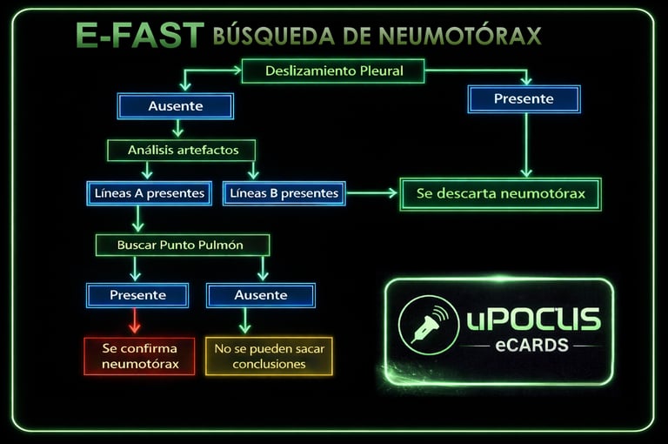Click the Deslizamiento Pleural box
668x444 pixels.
pos(333,71)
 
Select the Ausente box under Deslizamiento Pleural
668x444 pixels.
pos(176,106)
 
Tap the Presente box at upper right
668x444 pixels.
pos(524,99)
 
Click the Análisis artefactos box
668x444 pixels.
pos(182,150)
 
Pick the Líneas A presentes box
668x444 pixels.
pos(147,193)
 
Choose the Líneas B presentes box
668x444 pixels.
pos(284,193)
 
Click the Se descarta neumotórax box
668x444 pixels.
pos(500,193)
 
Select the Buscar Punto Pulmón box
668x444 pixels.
pos(181,245)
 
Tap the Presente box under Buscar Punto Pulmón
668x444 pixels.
pos(137,295)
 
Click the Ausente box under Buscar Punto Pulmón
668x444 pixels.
pos(260,295)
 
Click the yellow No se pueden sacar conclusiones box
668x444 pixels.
pos(269,355)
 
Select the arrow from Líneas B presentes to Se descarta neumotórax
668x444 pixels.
pos(372,193)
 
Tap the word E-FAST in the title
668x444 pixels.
pos(139,37)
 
